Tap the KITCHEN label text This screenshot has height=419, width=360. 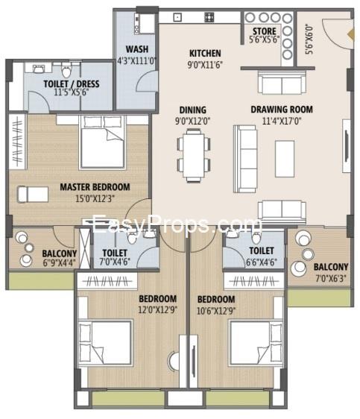coord(204,53)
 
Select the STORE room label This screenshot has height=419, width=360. coord(265,31)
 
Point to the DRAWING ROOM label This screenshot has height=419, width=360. coord(282,109)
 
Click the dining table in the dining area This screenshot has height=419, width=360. coord(192,155)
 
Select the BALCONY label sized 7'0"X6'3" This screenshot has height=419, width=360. coord(329,267)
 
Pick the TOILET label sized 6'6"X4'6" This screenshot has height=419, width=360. coord(261,252)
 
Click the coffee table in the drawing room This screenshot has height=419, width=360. coord(284,158)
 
